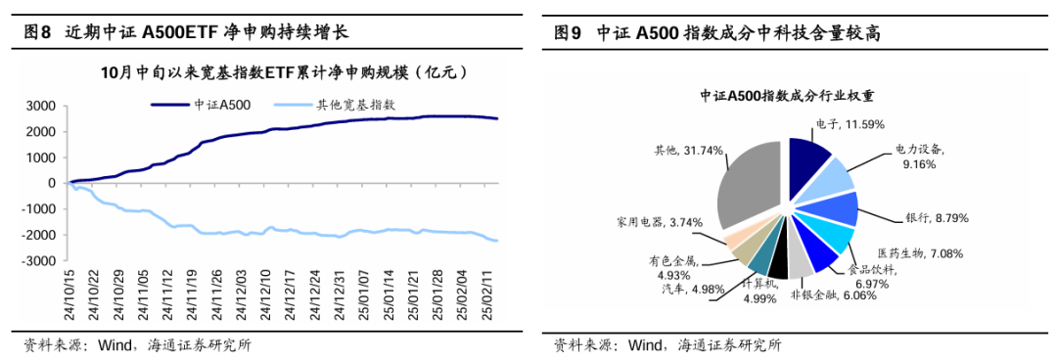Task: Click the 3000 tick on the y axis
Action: [40, 106]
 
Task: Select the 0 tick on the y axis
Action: [50, 183]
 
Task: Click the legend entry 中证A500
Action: [221, 104]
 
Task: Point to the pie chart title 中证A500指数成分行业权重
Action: [786, 96]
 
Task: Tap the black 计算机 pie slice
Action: [778, 261]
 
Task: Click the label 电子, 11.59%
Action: [850, 124]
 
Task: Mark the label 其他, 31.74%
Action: [687, 151]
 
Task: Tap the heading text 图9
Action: [568, 32]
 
